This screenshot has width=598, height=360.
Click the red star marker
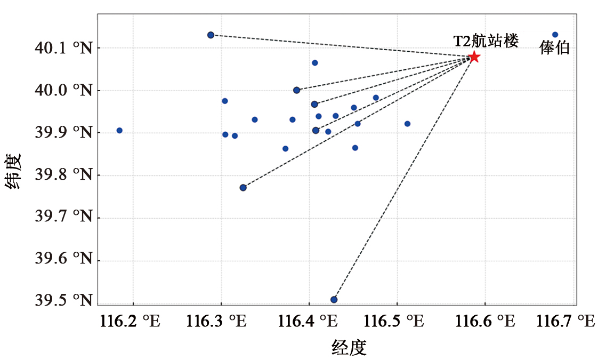474,57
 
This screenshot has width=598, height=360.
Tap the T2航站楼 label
486,41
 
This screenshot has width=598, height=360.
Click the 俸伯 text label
555,49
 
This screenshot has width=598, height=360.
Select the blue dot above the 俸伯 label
555,35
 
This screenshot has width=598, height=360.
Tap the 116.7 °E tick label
565,321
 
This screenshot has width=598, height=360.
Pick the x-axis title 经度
349,348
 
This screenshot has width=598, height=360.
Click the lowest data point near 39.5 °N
334,300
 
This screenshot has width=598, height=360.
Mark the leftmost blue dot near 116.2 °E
119,130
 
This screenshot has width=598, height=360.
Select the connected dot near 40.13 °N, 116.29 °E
211,35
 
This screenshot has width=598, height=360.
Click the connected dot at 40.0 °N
296,90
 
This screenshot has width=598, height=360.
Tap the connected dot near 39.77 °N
243,187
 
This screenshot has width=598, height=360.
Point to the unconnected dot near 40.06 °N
314,63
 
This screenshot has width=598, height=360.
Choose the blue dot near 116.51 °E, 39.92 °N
407,124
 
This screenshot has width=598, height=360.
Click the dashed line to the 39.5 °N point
404,179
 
